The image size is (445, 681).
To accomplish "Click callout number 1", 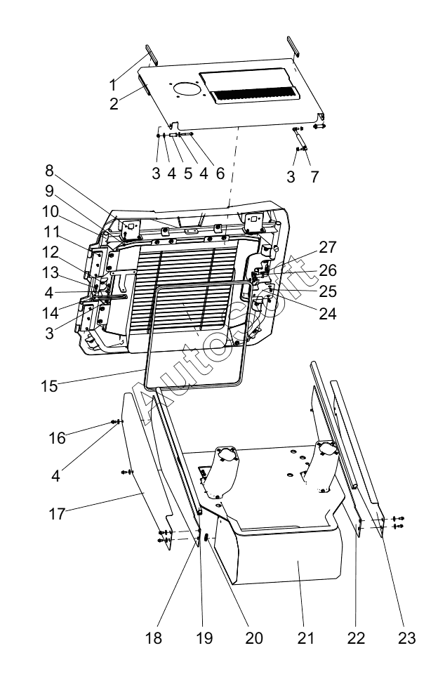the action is (x=113, y=84).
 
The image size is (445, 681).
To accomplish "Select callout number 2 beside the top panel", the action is (x=114, y=104).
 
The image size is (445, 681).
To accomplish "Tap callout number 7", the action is (x=314, y=176).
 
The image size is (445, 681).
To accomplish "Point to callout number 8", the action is (x=50, y=171).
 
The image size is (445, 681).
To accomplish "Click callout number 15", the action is (x=50, y=385).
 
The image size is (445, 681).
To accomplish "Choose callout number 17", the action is (x=57, y=514).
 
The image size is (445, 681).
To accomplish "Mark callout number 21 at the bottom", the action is (x=305, y=637).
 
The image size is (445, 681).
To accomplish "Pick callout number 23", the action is (x=407, y=637).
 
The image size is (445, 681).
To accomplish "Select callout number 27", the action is (x=328, y=247).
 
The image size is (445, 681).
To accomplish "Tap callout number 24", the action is (x=328, y=313).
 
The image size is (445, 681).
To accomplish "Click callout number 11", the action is (x=51, y=232).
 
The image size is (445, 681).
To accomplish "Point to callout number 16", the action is (x=57, y=438).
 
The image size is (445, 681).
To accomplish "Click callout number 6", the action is (x=220, y=173).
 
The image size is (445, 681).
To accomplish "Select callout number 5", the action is (x=187, y=173).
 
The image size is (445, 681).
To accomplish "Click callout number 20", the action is (x=254, y=637).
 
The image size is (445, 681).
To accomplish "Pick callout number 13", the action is (x=51, y=272).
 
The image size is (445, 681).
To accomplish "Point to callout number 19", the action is (x=204, y=637).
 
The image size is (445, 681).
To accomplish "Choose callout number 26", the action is (x=328, y=270).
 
